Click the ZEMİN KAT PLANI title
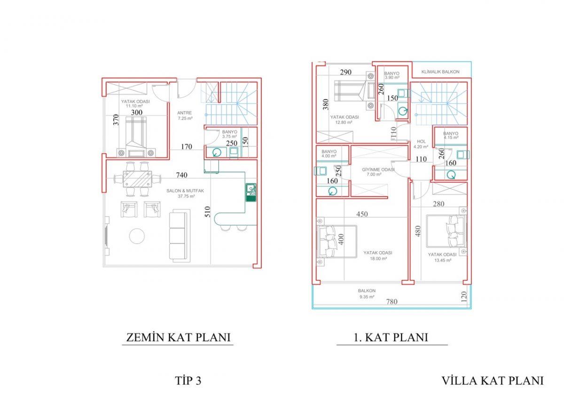[x=178, y=337]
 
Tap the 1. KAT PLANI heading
[x=391, y=337]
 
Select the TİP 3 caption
[x=188, y=381]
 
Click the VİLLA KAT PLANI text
[x=493, y=381]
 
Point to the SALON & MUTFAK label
[x=185, y=191]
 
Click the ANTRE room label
[x=184, y=113]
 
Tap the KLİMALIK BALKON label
[x=440, y=72]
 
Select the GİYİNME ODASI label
[x=378, y=170]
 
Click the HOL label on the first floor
[x=421, y=142]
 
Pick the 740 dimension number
[x=181, y=175]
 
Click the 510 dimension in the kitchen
[x=207, y=212]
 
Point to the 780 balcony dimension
[x=392, y=302]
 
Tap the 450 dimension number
[x=362, y=214]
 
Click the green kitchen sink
[x=251, y=192]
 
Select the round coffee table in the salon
[x=137, y=236]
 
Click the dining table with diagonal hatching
[x=137, y=179]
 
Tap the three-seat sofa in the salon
[x=178, y=236]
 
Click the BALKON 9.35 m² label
[x=367, y=294]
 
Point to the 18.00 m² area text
[x=378, y=259]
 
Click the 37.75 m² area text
[x=186, y=196]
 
